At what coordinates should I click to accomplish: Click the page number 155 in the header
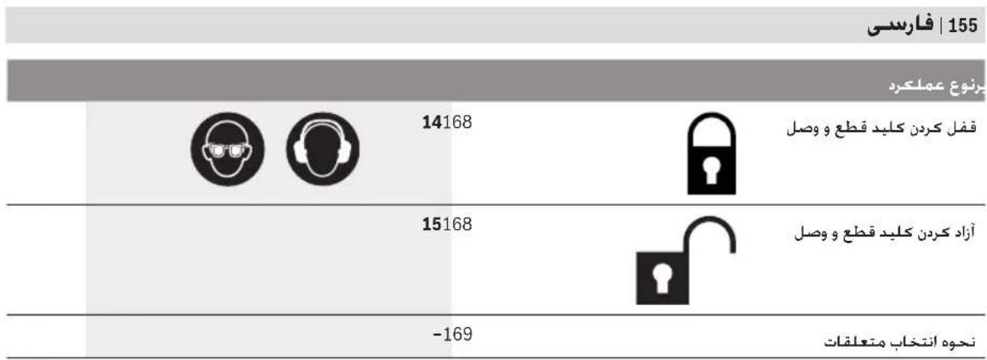(x=963, y=26)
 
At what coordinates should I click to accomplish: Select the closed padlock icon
(x=712, y=153)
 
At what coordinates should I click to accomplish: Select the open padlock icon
(x=685, y=260)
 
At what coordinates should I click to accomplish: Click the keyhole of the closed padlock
(x=711, y=170)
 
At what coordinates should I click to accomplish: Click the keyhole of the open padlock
(x=661, y=278)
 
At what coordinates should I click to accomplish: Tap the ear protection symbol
(x=323, y=149)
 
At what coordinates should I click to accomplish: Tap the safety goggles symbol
(x=227, y=149)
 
